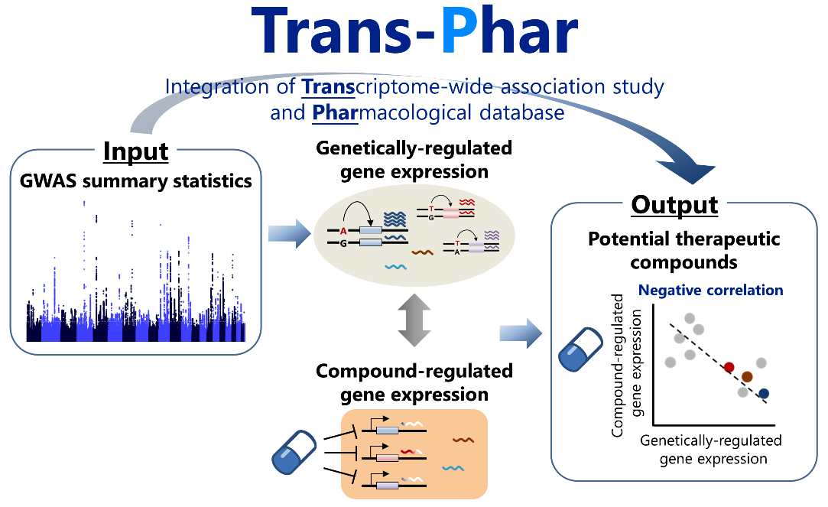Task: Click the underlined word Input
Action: (136, 151)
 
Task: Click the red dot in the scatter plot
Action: (729, 367)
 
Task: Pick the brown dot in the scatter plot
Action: (747, 376)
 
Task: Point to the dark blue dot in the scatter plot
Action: (764, 394)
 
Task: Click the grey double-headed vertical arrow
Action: (414, 320)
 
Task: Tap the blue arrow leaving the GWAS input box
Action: (289, 233)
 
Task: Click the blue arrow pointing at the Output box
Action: (521, 333)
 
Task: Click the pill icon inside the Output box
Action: (580, 349)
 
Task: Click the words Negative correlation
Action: (710, 290)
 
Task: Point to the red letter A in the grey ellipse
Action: (343, 231)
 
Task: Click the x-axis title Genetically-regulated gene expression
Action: (711, 450)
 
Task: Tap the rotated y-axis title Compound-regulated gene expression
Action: (625, 366)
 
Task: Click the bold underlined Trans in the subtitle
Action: (328, 86)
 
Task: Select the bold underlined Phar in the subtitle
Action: (335, 112)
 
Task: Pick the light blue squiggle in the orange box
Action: (453, 468)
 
